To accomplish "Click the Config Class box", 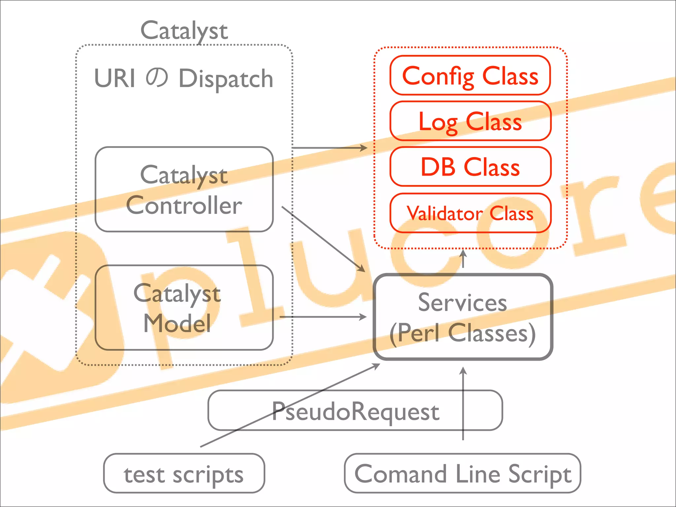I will click(x=470, y=76).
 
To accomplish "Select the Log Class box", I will click(x=470, y=121).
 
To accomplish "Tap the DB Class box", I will click(x=470, y=167).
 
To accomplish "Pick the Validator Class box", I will click(x=470, y=213).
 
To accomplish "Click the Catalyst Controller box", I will click(x=184, y=189).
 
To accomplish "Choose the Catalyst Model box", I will click(x=184, y=308).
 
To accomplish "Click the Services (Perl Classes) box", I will click(x=463, y=317).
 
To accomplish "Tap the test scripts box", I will click(x=184, y=474).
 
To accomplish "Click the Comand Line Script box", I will click(x=462, y=474).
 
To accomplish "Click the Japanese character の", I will click(x=157, y=78).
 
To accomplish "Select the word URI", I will click(x=115, y=79).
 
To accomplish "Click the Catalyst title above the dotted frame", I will click(x=184, y=30).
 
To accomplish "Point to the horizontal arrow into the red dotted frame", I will click(x=330, y=148).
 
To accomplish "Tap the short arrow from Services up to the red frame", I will click(x=463, y=259).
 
